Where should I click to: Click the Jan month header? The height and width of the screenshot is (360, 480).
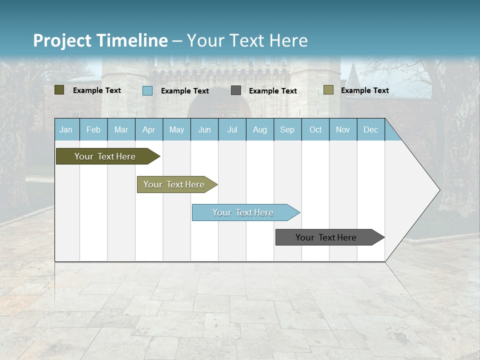[66, 129]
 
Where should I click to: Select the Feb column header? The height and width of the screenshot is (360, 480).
[93, 129]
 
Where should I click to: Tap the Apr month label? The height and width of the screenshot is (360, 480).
[148, 129]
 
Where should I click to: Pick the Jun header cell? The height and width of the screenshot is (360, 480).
[204, 129]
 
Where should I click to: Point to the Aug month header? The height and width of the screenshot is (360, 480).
[259, 129]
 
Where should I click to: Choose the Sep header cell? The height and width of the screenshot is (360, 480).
[287, 129]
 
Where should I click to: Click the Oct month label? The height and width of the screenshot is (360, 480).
[315, 129]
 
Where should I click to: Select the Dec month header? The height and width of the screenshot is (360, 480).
[370, 129]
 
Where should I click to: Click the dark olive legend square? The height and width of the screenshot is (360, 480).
[59, 90]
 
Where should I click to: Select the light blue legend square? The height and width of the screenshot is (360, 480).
[147, 90]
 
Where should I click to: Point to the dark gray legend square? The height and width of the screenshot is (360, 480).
[236, 90]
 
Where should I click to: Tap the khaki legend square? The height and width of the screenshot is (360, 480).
[328, 90]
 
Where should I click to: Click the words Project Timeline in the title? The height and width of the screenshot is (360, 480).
[100, 40]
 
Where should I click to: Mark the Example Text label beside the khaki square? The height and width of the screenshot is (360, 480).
[364, 90]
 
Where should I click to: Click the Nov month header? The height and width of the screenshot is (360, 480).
[342, 129]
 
